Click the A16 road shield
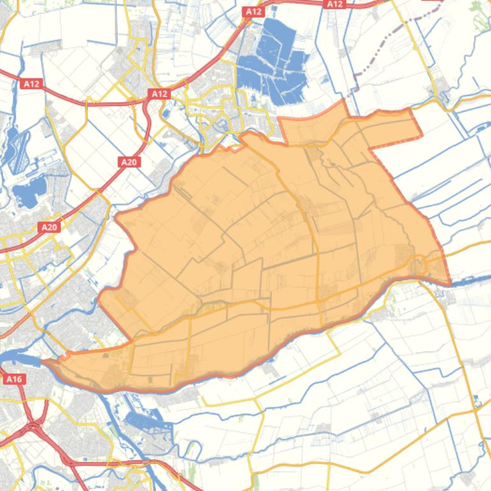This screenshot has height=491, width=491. (x=13, y=379)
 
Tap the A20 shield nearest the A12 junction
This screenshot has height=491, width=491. (x=129, y=162)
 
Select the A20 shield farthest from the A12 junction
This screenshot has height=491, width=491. (x=49, y=226)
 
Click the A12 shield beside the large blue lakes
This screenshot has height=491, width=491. (x=253, y=11)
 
